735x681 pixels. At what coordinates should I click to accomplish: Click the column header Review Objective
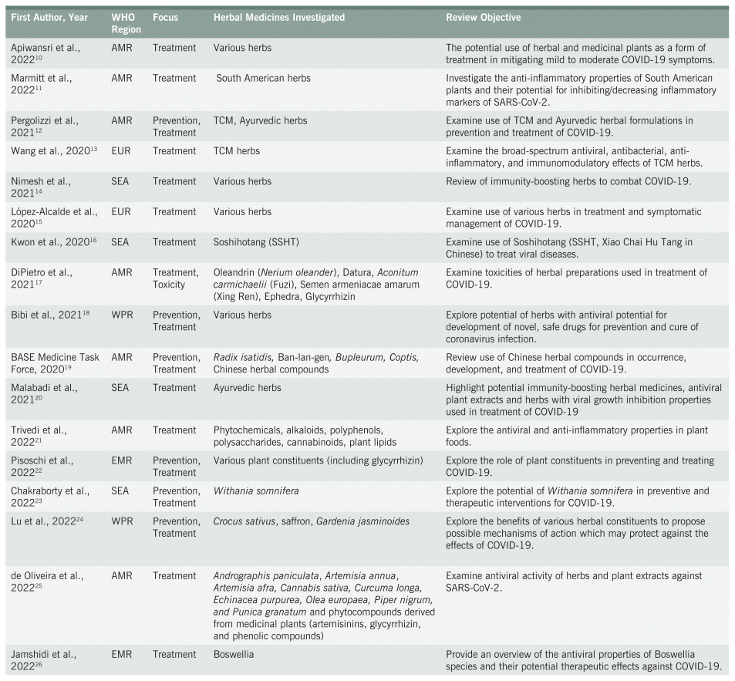(x=483, y=17)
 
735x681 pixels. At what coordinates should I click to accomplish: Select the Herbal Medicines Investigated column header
(x=278, y=17)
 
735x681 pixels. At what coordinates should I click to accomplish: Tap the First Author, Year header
(x=49, y=17)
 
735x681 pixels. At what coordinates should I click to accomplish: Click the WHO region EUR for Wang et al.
(x=122, y=151)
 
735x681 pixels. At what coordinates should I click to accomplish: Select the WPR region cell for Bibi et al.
(x=122, y=315)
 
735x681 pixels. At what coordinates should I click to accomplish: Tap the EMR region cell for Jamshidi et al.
(x=122, y=654)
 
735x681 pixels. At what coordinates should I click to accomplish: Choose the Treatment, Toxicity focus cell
(x=175, y=278)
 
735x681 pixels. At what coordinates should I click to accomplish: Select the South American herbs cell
(x=259, y=78)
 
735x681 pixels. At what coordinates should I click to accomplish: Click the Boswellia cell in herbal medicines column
(x=234, y=654)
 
